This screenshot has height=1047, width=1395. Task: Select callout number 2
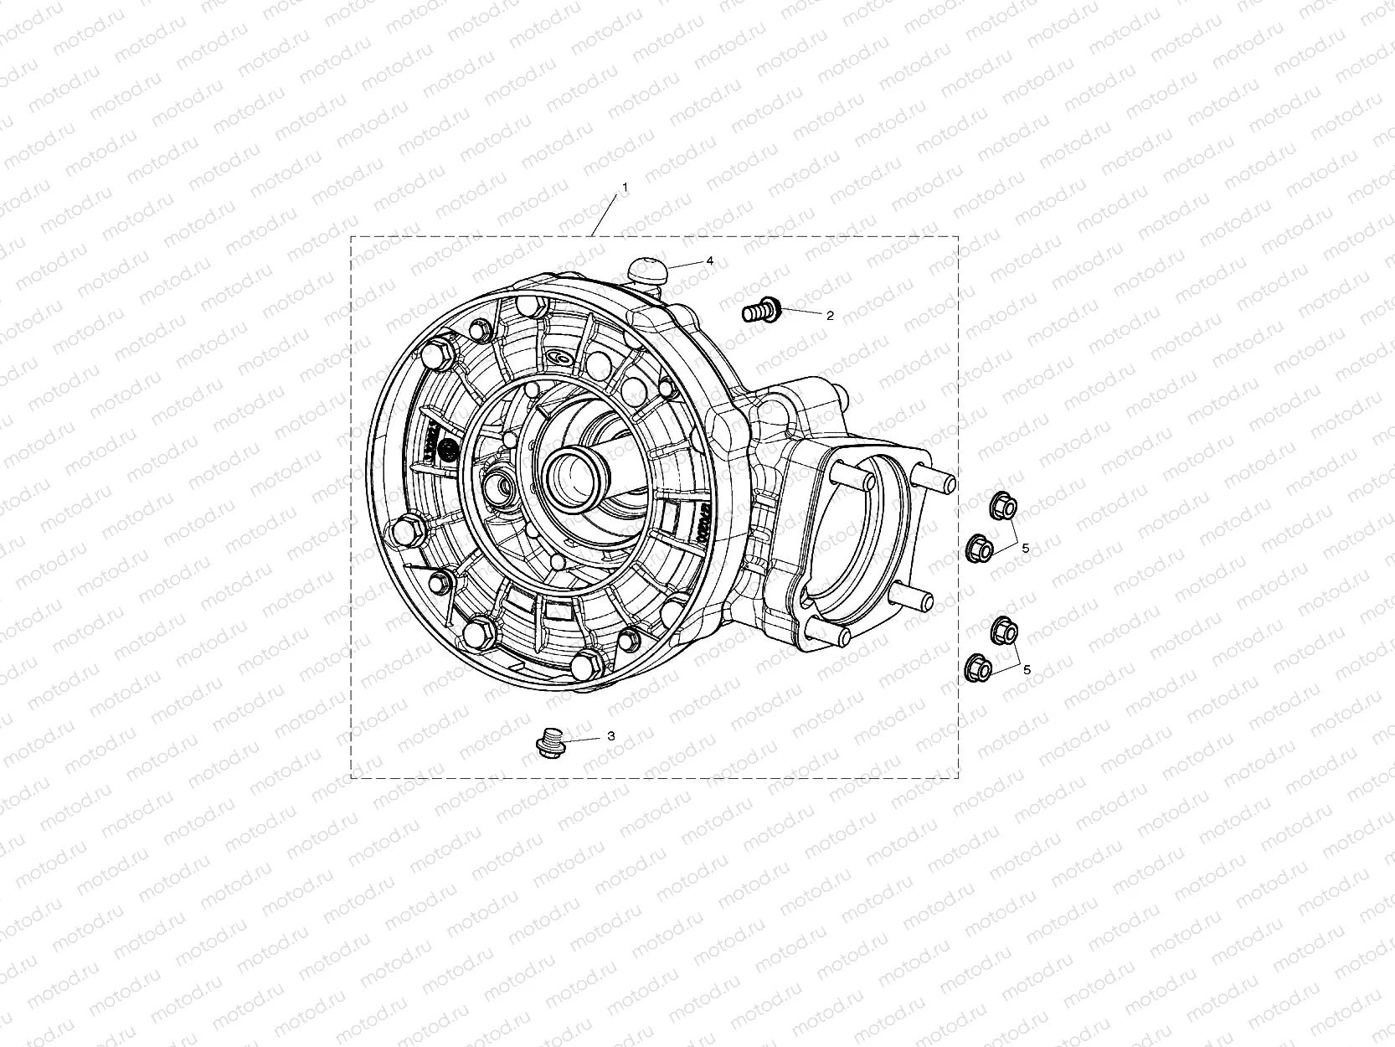click(x=830, y=316)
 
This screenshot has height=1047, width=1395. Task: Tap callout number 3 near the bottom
click(x=610, y=736)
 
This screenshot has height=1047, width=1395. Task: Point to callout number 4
click(x=709, y=261)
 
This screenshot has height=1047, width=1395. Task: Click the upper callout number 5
click(x=1025, y=548)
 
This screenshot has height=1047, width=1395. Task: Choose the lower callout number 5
click(x=1027, y=669)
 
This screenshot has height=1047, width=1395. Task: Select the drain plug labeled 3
click(x=549, y=743)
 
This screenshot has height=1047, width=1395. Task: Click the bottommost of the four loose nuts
click(x=979, y=668)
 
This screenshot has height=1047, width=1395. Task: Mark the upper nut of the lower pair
click(x=1003, y=627)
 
